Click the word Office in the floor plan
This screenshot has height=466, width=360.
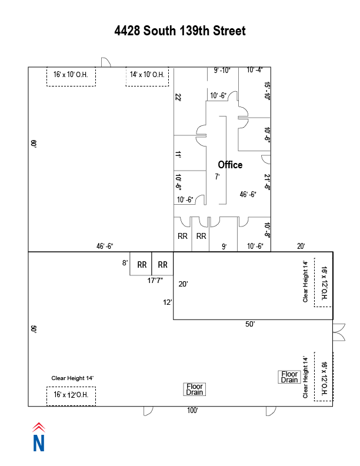tap(230, 165)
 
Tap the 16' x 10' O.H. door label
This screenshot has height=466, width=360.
tap(71, 74)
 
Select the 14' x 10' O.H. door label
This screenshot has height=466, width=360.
tap(147, 74)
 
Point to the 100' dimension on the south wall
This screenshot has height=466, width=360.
tap(192, 411)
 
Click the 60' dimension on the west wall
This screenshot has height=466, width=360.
tap(34, 144)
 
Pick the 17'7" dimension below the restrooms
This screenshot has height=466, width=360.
tap(155, 281)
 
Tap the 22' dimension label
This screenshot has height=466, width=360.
tap(178, 97)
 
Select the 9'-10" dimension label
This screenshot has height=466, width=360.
tap(222, 71)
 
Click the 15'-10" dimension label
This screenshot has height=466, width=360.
tap(267, 91)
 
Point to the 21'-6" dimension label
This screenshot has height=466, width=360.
tap(267, 182)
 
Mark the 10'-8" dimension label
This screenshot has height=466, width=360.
tap(267, 230)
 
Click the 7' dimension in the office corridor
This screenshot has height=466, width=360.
tap(218, 177)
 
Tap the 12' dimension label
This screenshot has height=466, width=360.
tap(168, 302)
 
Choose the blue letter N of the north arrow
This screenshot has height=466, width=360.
tap(39, 443)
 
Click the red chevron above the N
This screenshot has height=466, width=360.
tap(39, 427)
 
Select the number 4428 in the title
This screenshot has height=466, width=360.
tap(127, 31)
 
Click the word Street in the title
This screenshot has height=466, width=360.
tap(229, 31)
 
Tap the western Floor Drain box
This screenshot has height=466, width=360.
tap(195, 390)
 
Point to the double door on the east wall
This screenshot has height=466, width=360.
tap(339, 332)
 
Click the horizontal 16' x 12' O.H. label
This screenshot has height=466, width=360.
tap(71, 395)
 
